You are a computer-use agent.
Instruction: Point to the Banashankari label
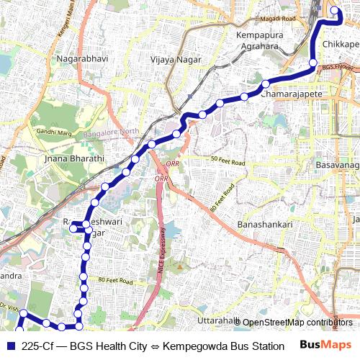click(265, 225)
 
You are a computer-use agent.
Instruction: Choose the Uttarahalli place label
click(217, 320)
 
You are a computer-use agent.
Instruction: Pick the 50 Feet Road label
click(228, 161)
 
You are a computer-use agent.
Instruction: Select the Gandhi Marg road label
click(54, 132)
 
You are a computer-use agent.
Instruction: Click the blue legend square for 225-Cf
click(9, 346)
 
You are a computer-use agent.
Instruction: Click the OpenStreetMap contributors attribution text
click(297, 323)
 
